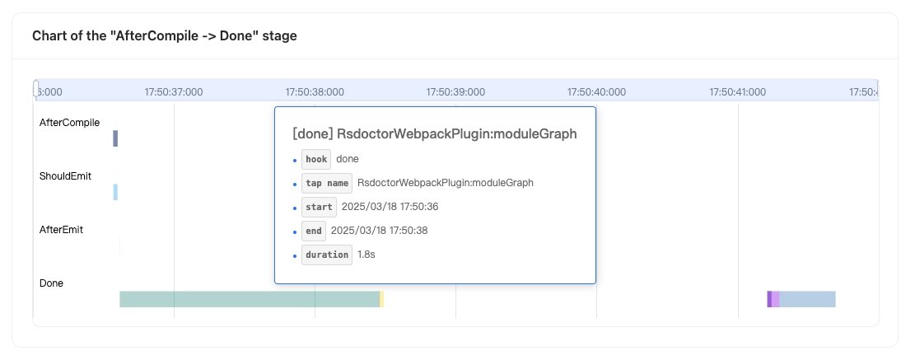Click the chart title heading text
click(165, 35)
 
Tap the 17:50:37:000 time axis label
click(174, 92)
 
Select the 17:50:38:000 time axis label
click(315, 92)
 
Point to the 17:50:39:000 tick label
click(455, 92)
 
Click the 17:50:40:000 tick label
click(596, 92)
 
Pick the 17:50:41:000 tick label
click(738, 92)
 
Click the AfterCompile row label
click(69, 123)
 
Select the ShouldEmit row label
click(65, 176)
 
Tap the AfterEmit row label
click(61, 230)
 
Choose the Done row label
click(51, 283)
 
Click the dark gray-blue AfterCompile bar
click(115, 138)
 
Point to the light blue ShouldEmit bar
click(115, 192)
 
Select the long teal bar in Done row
click(250, 299)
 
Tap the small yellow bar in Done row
click(381, 299)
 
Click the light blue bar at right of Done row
click(808, 299)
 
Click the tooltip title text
click(435, 133)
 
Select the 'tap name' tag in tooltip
click(327, 183)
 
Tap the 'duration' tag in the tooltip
click(327, 255)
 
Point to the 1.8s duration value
click(366, 255)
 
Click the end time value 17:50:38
click(380, 231)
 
